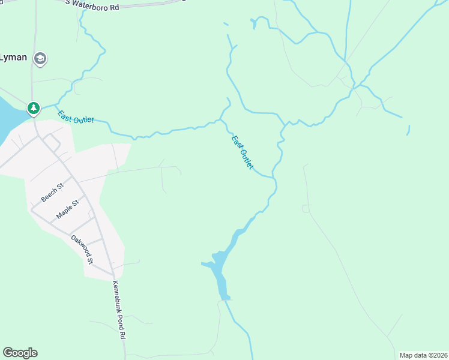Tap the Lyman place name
click(x=13, y=58)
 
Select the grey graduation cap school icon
click(x=40, y=58)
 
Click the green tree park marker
click(x=34, y=108)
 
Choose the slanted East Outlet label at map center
click(x=243, y=152)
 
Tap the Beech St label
click(x=52, y=193)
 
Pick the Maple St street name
click(x=67, y=209)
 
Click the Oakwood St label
click(x=82, y=249)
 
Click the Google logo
click(x=20, y=353)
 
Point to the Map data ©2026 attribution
click(x=424, y=355)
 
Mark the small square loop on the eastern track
click(x=307, y=208)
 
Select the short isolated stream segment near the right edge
click(x=408, y=130)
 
